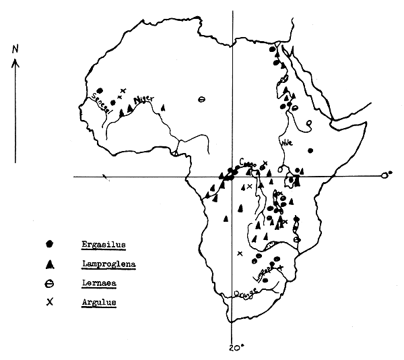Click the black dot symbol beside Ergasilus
coord(50,243)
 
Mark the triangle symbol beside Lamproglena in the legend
coord(50,264)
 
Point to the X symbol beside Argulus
coord(50,303)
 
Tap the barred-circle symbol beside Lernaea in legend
coord(50,283)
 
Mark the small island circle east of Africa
coord(384,175)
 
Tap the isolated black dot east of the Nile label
coord(310,151)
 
